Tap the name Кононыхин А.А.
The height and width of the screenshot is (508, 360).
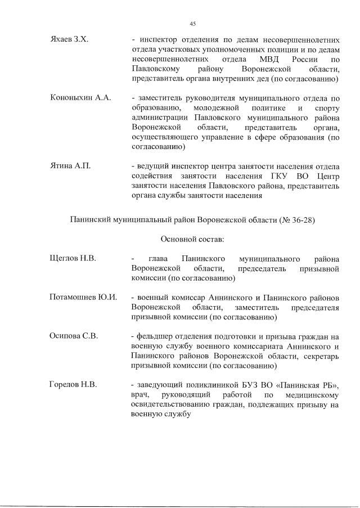[x=80, y=98]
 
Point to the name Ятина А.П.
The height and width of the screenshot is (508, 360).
[x=70, y=166]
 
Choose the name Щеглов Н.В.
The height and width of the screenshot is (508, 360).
[x=73, y=258]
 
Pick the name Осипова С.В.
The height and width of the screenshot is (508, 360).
[x=74, y=336]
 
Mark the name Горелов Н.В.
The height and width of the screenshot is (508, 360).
[x=73, y=385]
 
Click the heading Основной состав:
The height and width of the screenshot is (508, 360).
[x=193, y=239]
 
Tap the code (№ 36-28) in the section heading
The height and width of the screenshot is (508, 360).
[x=296, y=219]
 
